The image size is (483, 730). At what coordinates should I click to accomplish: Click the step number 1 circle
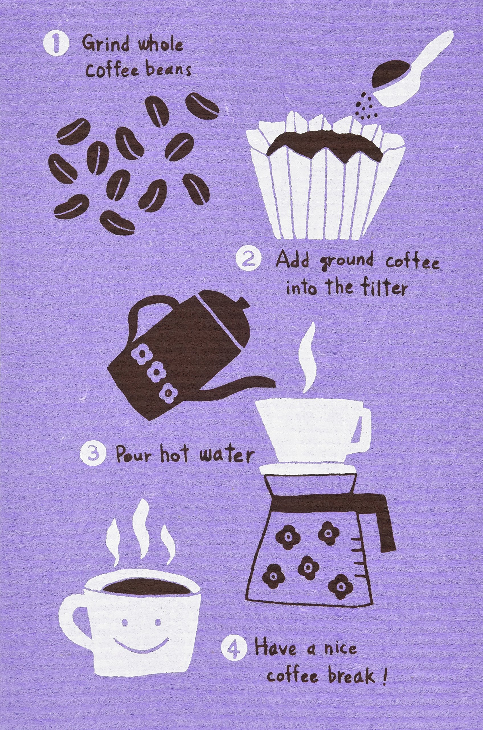pyautogui.click(x=56, y=45)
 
